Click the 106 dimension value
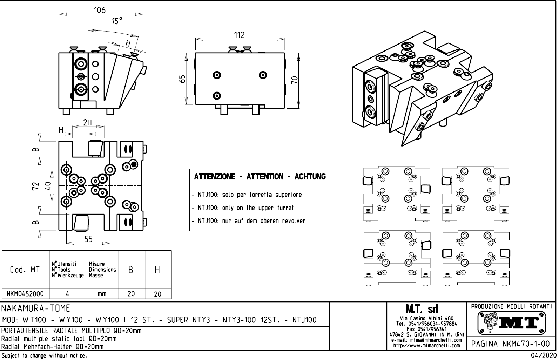point(100,10)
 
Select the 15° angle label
point(117,21)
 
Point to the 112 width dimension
point(239,35)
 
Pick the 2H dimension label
point(87,122)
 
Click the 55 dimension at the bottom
point(88,239)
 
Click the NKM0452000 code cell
point(25,294)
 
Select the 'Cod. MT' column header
point(25,270)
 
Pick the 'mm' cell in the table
point(102,294)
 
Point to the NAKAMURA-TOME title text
point(36,308)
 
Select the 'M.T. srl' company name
point(421,309)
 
